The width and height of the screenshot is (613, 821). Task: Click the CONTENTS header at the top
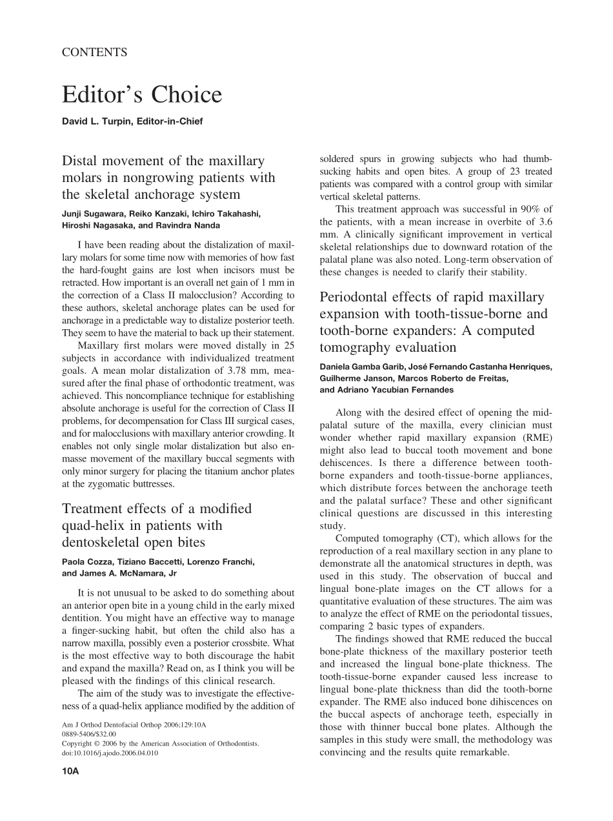(x=94, y=53)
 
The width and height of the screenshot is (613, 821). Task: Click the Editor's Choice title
(x=142, y=95)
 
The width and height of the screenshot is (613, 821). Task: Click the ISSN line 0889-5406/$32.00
(x=89, y=734)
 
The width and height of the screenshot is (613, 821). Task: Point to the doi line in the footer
(x=110, y=753)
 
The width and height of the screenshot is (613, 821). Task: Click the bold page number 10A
(x=70, y=771)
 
